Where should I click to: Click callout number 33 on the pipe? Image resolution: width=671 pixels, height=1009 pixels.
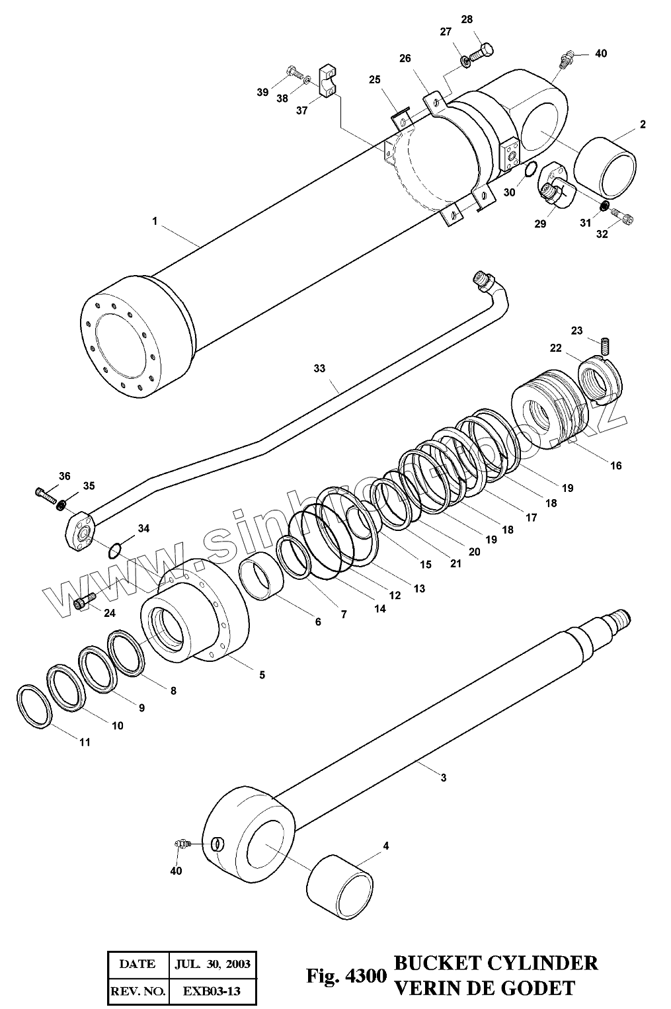319,369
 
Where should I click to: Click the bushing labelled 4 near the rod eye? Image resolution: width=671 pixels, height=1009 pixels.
340,885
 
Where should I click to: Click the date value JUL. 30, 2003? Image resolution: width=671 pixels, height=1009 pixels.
213,963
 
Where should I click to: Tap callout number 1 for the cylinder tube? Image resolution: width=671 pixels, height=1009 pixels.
155,222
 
